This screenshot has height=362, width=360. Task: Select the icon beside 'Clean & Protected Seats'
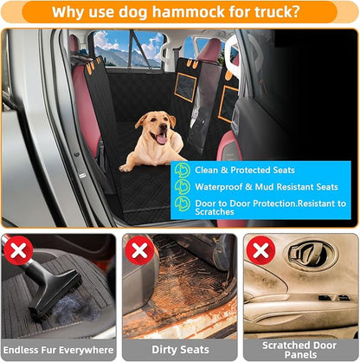183,170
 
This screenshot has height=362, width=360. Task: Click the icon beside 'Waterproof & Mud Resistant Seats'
183,187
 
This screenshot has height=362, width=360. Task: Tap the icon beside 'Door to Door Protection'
183,204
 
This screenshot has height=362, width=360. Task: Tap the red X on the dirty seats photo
139,251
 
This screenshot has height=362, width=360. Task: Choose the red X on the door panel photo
260,251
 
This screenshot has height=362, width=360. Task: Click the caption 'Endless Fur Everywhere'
58,350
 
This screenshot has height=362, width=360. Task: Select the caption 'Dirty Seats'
179,350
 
